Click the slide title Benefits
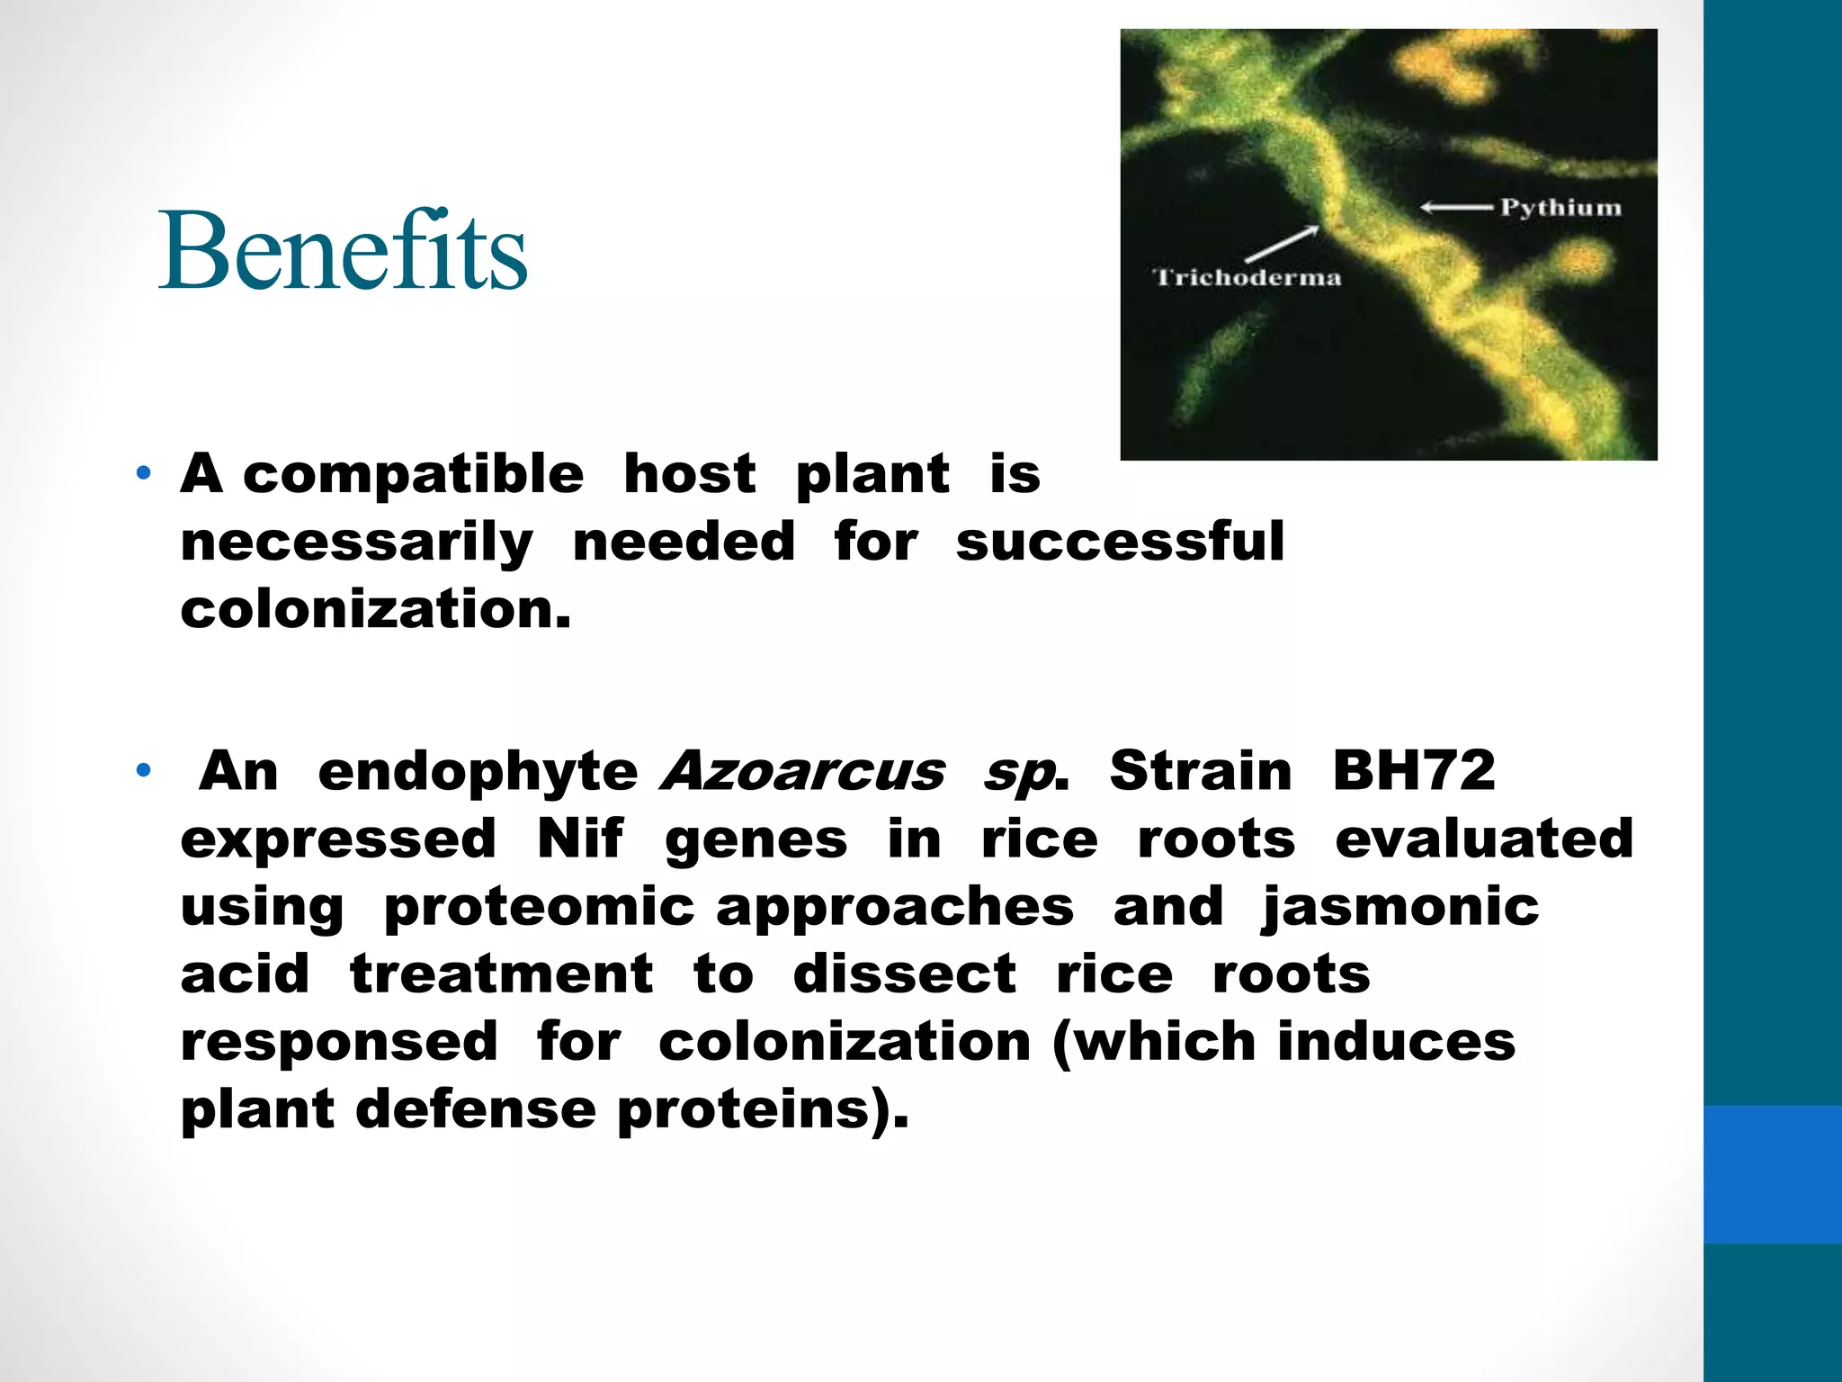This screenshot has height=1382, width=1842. (x=343, y=250)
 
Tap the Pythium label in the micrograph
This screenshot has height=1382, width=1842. (x=1560, y=208)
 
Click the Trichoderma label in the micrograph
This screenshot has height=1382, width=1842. (x=1247, y=277)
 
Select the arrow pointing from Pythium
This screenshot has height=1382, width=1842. (x=1457, y=208)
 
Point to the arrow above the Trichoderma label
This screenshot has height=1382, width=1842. (x=1281, y=245)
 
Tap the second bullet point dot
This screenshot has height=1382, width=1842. (x=143, y=770)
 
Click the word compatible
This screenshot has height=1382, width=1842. (x=413, y=474)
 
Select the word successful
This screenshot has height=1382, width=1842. (x=1120, y=542)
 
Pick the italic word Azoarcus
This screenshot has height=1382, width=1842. (x=802, y=772)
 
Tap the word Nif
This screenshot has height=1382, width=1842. (x=580, y=839)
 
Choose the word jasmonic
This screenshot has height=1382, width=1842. (x=1400, y=907)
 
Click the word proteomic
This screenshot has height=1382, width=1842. (x=539, y=907)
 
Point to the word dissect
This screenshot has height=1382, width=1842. (x=904, y=974)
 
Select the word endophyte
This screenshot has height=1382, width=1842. (x=478, y=772)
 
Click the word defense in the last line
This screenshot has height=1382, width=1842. (x=476, y=1108)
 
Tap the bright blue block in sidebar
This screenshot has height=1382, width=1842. (x=1772, y=1174)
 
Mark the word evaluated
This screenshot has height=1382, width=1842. (x=1484, y=839)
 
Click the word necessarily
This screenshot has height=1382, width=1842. (x=357, y=543)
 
